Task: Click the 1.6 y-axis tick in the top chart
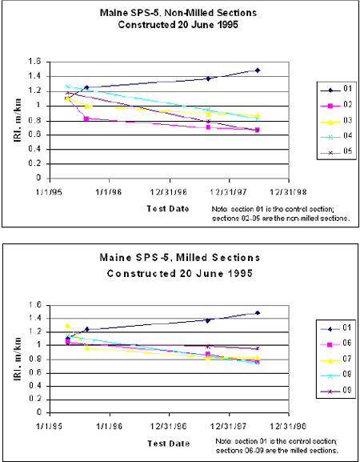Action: click(33, 62)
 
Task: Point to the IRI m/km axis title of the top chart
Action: click(14, 120)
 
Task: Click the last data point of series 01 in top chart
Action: click(258, 70)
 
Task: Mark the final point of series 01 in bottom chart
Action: click(258, 313)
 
